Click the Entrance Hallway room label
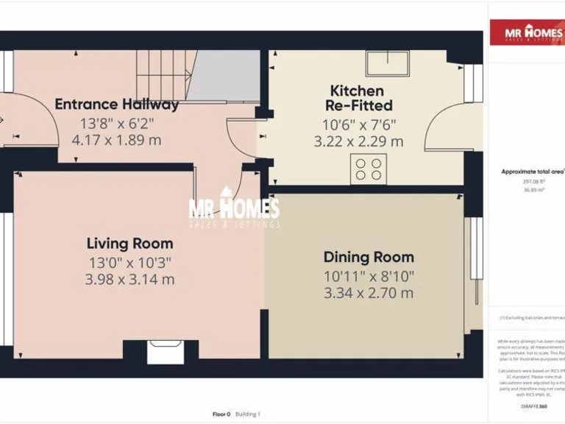click(x=116, y=105)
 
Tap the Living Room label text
click(x=129, y=243)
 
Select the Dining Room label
click(x=369, y=257)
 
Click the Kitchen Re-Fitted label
click(x=358, y=98)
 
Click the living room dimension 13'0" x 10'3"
click(x=129, y=261)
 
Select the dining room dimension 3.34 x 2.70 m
click(x=369, y=293)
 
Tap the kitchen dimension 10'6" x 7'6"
click(x=358, y=124)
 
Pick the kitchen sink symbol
click(x=391, y=62)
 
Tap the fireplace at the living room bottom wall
click(x=166, y=352)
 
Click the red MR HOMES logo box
click(x=527, y=33)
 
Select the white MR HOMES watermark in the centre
click(x=234, y=210)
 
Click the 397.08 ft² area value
click(x=533, y=181)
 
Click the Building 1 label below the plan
click(x=249, y=414)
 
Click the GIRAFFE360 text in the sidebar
click(x=533, y=406)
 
